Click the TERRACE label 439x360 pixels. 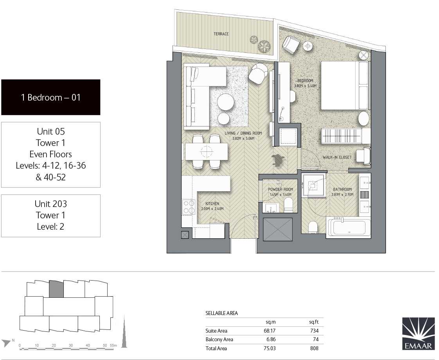221,34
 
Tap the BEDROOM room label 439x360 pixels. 305,81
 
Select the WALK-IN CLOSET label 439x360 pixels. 337,157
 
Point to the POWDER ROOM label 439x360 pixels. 281,189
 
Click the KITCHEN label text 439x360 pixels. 212,203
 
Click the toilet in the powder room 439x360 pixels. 288,205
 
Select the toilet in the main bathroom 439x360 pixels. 313,227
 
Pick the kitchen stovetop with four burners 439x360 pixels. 189,207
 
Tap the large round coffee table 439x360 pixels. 226,102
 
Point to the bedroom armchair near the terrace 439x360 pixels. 291,45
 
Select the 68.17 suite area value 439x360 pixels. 270,331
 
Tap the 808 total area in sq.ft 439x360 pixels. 314,348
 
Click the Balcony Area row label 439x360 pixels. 219,339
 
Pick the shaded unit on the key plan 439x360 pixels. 56,289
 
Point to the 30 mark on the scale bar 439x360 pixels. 70,345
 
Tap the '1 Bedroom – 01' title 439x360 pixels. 51,97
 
